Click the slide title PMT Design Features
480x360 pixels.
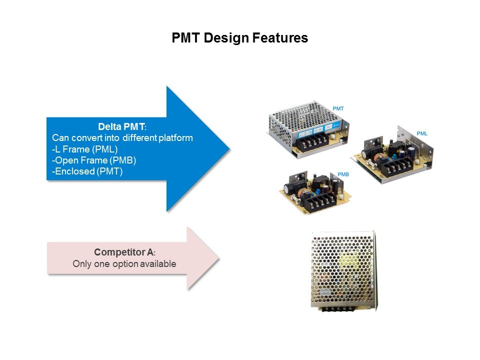click(x=239, y=38)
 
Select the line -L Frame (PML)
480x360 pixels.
click(x=81, y=149)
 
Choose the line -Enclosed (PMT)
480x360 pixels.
click(x=87, y=171)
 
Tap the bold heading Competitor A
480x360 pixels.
click(x=124, y=253)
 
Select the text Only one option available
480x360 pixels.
click(x=124, y=264)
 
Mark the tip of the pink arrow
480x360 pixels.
click(x=218, y=258)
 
